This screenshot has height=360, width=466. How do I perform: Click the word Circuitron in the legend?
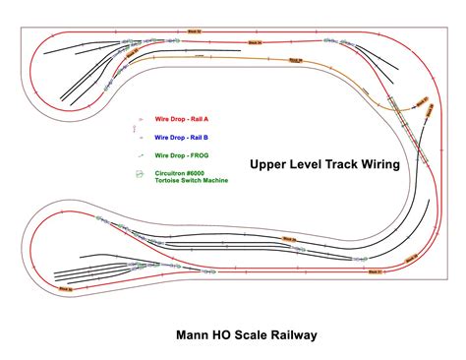[x=171, y=173]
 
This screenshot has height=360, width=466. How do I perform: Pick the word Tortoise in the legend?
[x=168, y=182]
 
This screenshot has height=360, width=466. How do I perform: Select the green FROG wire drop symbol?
[x=141, y=155]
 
